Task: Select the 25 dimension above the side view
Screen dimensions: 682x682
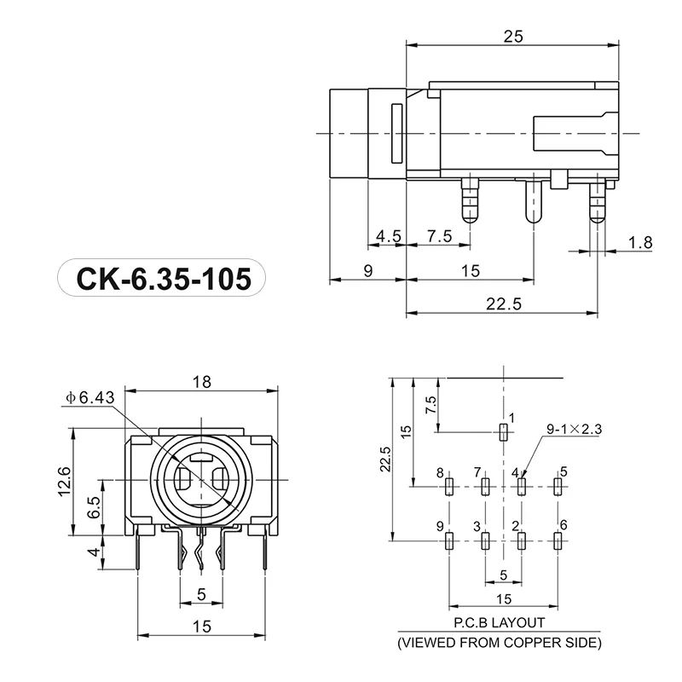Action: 511,36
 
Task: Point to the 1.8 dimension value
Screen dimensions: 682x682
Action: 640,243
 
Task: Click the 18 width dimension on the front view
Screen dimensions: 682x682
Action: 202,382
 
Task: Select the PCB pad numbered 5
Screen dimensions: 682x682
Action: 558,486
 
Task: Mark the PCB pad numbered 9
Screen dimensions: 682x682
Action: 448,540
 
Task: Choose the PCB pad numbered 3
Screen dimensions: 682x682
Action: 485,540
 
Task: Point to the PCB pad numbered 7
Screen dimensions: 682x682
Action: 485,486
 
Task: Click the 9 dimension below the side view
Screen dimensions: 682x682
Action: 368,271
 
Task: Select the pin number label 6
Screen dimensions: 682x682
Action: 563,524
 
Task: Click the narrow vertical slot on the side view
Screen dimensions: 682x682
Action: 396,133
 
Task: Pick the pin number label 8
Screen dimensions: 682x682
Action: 440,472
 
